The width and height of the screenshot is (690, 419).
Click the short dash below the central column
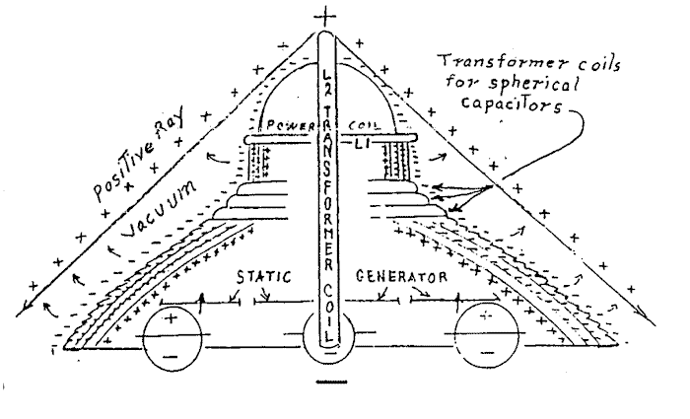point(327,387)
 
